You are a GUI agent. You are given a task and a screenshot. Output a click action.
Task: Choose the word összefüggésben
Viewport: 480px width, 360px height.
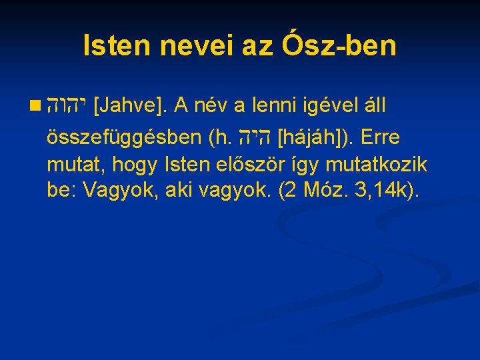[125, 138]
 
